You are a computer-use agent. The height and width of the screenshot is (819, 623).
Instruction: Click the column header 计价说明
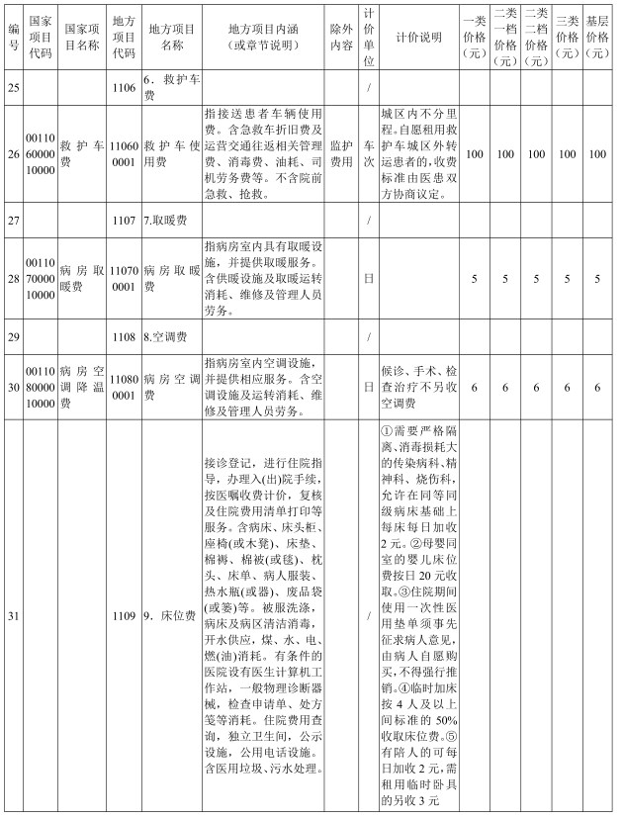click(x=417, y=38)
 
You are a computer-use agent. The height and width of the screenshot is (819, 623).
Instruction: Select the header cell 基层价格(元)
click(x=597, y=38)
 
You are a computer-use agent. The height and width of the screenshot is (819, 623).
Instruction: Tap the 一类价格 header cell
click(x=474, y=38)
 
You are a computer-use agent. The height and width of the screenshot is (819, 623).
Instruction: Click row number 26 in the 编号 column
click(x=13, y=154)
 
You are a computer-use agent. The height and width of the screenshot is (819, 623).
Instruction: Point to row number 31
click(x=13, y=617)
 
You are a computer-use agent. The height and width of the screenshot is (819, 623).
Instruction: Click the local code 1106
click(x=124, y=88)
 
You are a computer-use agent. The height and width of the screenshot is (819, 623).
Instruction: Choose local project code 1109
click(x=124, y=617)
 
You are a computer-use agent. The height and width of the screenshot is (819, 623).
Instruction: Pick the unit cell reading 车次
click(x=368, y=154)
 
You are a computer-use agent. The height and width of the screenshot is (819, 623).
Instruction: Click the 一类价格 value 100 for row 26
click(x=474, y=154)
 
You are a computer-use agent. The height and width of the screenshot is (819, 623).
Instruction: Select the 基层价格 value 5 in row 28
click(x=597, y=279)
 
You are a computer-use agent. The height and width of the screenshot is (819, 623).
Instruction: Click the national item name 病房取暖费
click(x=80, y=279)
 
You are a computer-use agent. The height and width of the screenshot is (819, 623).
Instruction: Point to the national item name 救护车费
click(x=80, y=154)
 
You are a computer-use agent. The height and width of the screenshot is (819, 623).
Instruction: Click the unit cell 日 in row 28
click(x=368, y=279)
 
